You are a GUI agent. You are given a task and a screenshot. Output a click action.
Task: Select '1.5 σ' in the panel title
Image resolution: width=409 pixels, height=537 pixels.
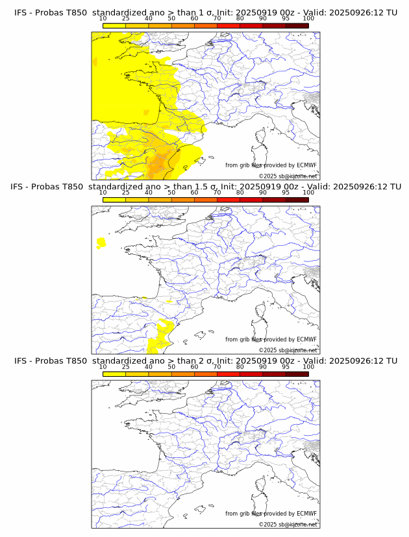tap(213, 187)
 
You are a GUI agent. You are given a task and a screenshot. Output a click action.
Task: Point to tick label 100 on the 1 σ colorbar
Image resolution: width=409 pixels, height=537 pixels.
tap(308, 19)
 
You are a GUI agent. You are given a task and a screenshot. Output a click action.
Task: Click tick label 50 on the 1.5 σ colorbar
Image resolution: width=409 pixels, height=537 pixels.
tap(171, 193)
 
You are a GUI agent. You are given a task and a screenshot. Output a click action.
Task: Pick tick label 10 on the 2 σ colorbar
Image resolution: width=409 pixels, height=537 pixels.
tap(103, 366)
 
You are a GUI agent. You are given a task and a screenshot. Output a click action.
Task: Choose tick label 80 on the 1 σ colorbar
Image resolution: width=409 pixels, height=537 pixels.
tap(240, 19)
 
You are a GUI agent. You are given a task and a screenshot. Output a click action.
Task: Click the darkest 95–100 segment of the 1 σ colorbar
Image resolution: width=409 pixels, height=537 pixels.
tap(297, 25)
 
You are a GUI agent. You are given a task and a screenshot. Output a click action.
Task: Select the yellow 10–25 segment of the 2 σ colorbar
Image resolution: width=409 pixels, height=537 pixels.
tap(114, 374)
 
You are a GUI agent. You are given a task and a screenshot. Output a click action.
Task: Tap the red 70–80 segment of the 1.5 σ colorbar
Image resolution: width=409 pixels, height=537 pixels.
tap(229, 200)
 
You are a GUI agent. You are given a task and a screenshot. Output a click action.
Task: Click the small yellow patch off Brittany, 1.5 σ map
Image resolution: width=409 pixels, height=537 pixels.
tap(101, 243)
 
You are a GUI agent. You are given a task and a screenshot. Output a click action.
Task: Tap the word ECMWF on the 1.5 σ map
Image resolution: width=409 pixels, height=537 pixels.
tap(306, 339)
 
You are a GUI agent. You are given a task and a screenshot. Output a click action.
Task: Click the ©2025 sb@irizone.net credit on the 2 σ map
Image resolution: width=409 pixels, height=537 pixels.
tap(288, 524)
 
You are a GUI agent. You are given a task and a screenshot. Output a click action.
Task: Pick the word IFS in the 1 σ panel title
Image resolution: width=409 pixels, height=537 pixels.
tap(21, 13)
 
